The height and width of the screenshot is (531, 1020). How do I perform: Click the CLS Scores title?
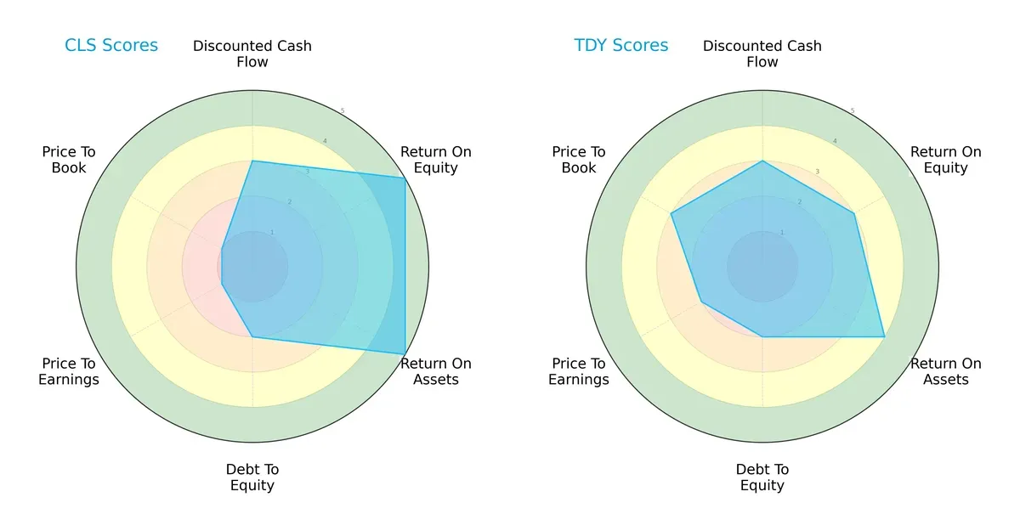point(111,45)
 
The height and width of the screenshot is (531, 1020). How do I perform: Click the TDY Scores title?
point(621,45)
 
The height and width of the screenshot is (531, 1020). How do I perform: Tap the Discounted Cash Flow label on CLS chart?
point(252,54)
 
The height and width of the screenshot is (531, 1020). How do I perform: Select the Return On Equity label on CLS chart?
point(436,160)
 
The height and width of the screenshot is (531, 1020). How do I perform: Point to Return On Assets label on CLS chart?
point(436,371)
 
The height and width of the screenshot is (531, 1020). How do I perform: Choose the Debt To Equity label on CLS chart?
point(252,477)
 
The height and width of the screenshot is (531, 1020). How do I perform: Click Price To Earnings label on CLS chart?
point(69,371)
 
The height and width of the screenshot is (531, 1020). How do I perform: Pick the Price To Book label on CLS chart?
point(69,160)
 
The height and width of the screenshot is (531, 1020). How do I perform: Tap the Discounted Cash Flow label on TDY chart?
point(762,54)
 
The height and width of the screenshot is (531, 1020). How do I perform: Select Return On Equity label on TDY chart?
point(946,160)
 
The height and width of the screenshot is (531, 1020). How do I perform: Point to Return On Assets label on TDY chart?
point(946,371)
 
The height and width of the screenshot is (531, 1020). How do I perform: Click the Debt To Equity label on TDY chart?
point(762,477)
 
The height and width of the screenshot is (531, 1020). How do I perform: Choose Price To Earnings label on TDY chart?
point(579,371)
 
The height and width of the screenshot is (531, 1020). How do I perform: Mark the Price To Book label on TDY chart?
point(579,160)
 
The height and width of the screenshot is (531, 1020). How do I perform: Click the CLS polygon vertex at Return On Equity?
point(405,178)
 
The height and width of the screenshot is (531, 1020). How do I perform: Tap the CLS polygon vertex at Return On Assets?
point(405,354)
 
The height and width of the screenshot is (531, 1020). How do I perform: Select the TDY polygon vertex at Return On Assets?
point(884,336)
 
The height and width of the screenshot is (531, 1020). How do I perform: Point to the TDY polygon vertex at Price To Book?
point(671,213)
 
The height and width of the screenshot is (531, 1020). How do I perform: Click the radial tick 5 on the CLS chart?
point(343,111)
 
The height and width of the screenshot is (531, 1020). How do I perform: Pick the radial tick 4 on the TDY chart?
point(835,141)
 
